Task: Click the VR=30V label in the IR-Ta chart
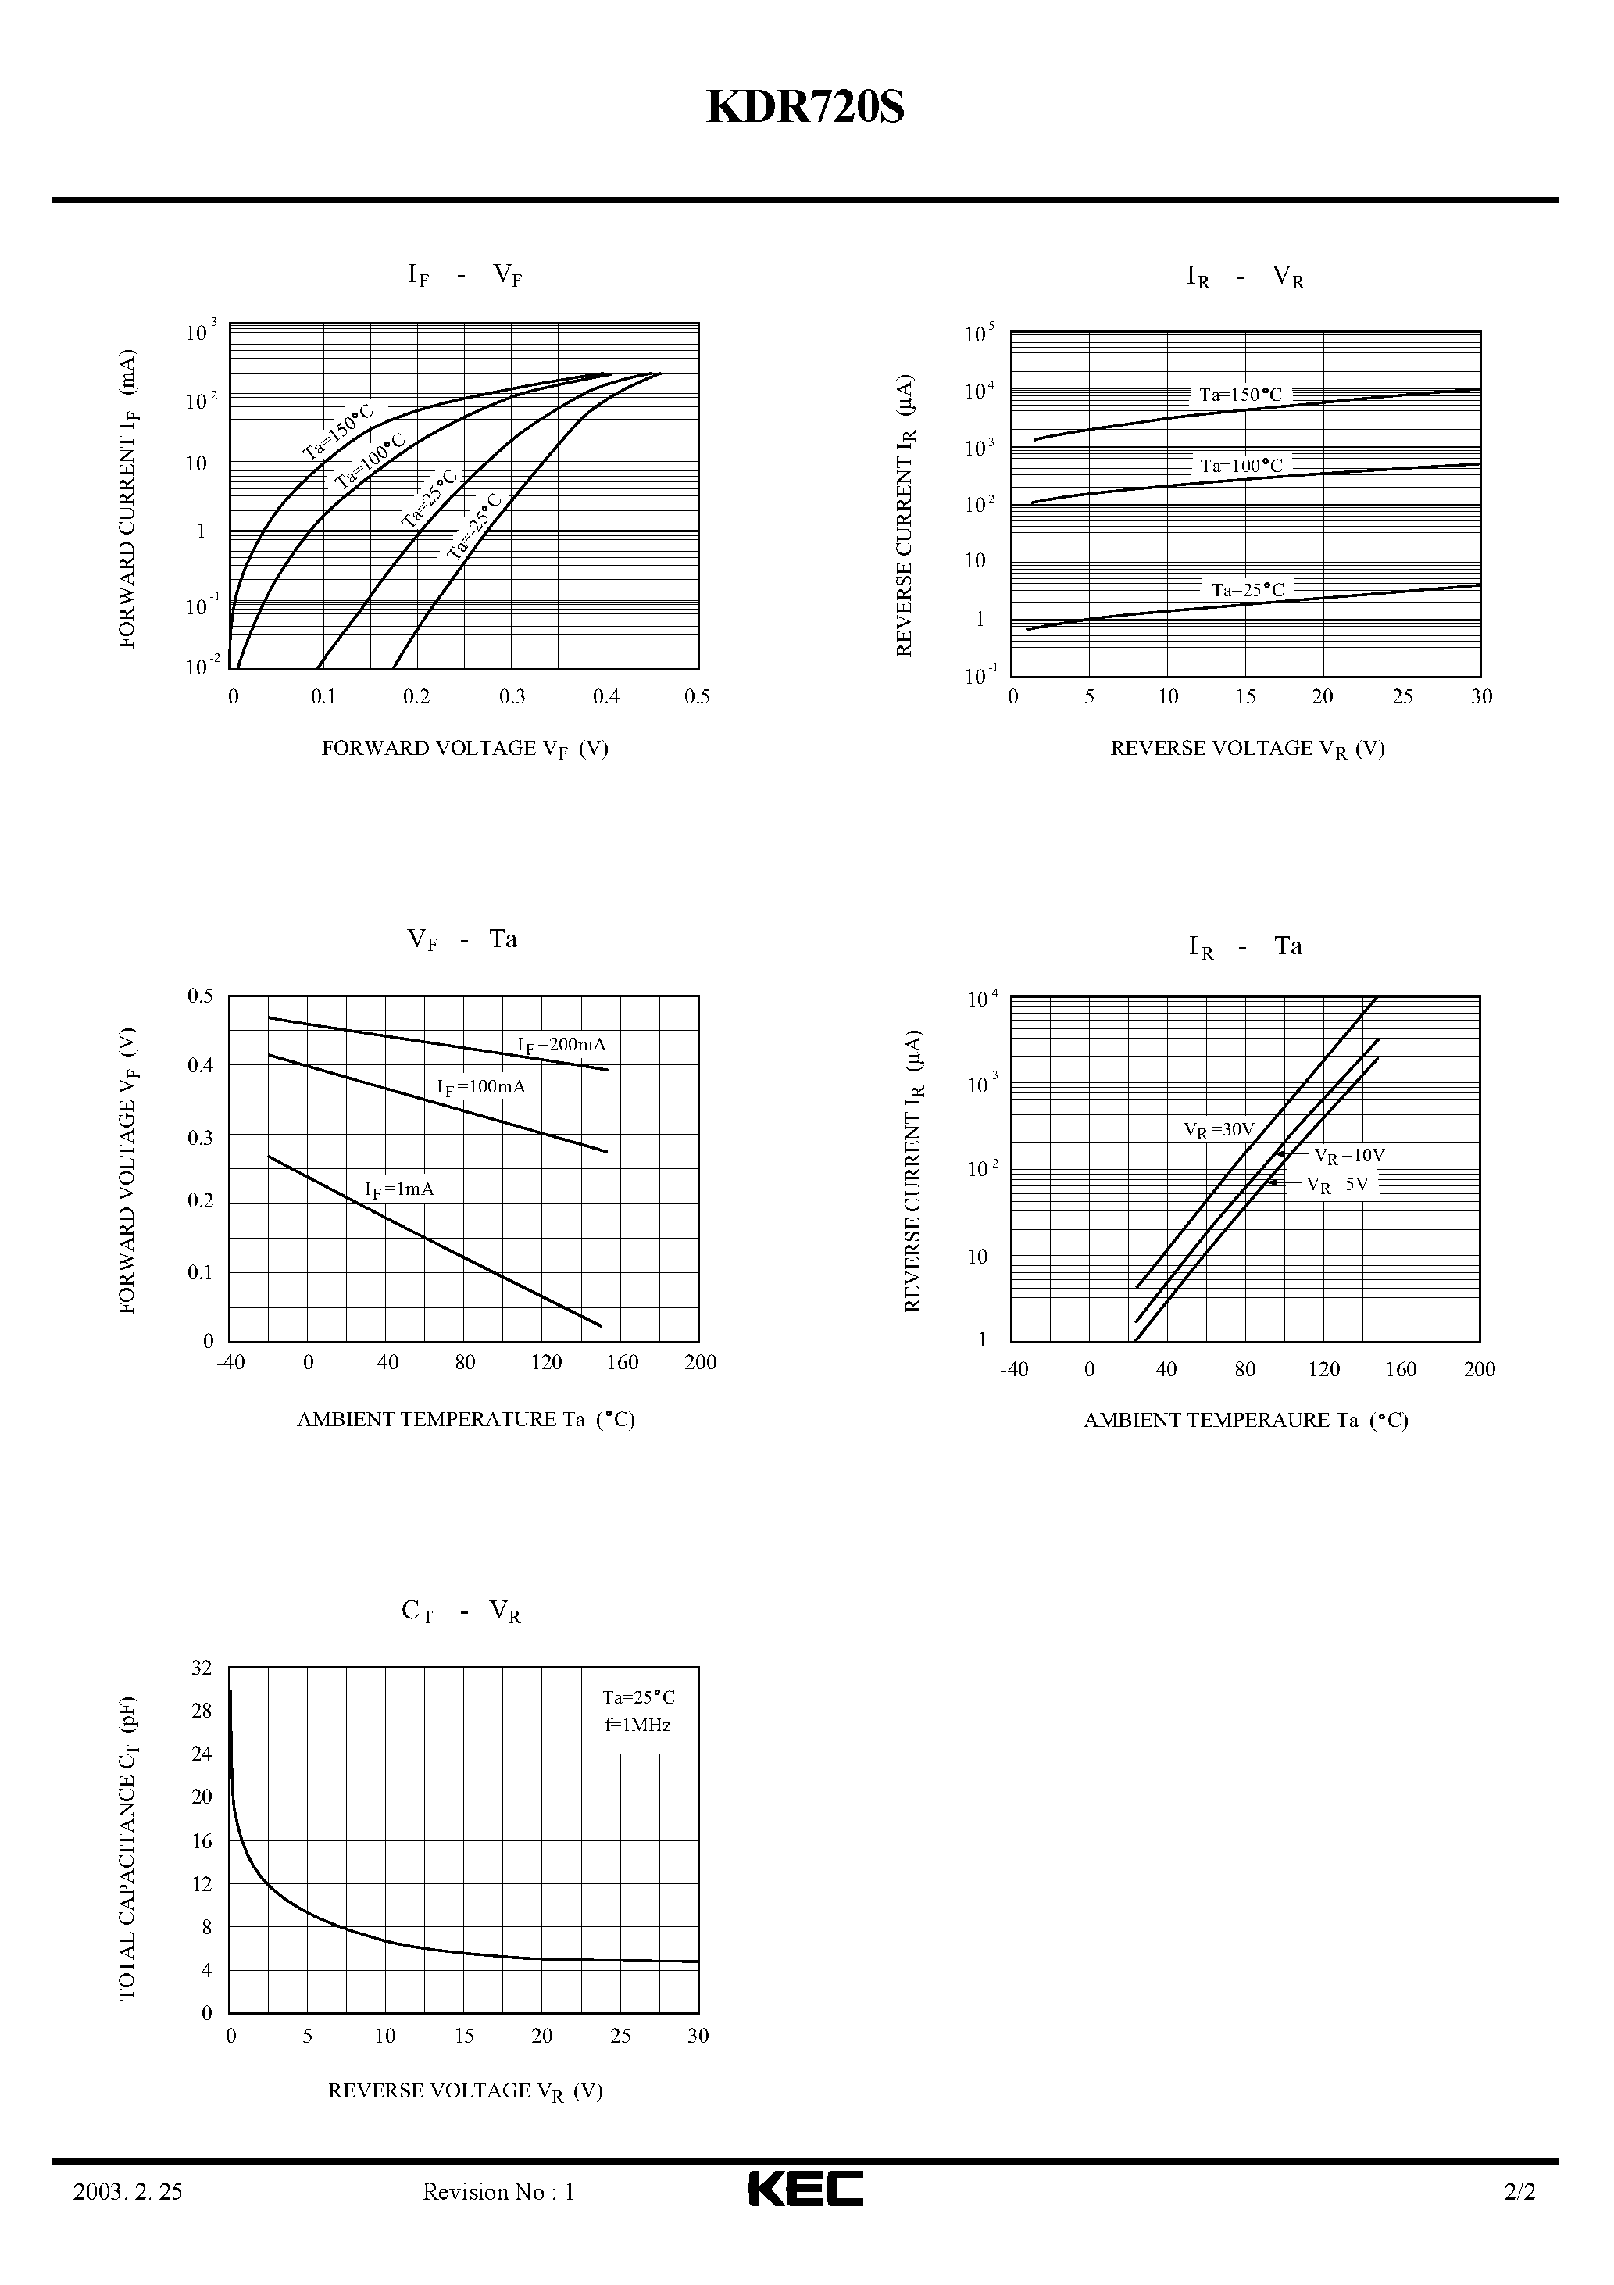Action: pyautogui.click(x=1219, y=1129)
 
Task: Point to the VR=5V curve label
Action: pyautogui.click(x=1337, y=1184)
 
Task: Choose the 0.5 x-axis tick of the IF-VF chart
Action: pyautogui.click(x=698, y=696)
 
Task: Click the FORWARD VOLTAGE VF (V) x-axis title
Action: pyautogui.click(x=465, y=749)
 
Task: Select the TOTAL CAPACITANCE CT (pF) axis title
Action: pyautogui.click(x=127, y=1848)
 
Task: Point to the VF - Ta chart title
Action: pyautogui.click(x=462, y=940)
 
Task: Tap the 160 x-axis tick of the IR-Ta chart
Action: pyautogui.click(x=1400, y=1369)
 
